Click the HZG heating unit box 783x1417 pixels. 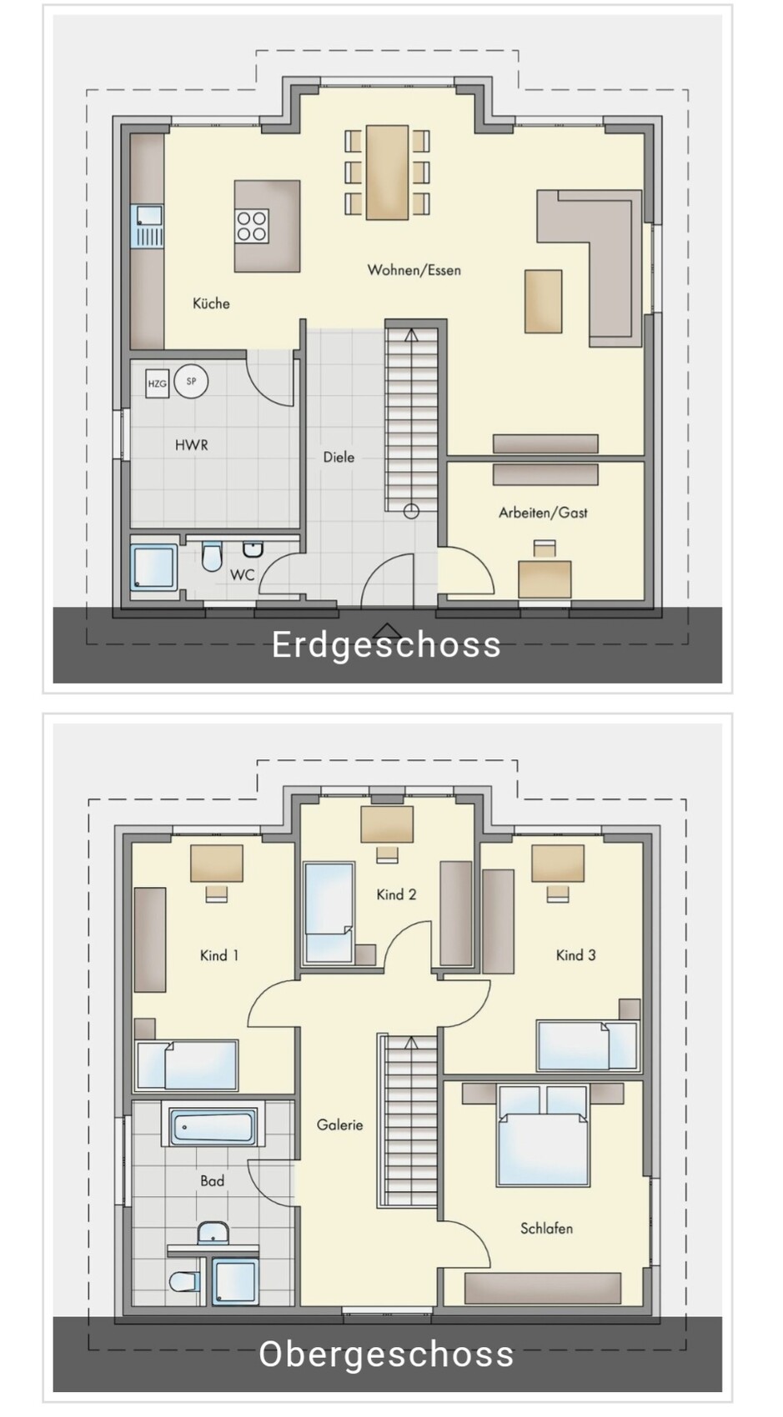click(157, 383)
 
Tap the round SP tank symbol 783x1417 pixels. click(191, 382)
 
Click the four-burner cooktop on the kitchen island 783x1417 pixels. click(252, 227)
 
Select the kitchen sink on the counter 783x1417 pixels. click(147, 226)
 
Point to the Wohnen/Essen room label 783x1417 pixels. click(414, 270)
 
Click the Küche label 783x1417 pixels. click(211, 303)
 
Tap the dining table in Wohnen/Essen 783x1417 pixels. click(388, 172)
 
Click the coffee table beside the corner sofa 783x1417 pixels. click(543, 301)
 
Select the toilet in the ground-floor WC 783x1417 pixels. click(212, 555)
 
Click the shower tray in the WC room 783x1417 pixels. click(153, 568)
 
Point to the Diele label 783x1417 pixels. click(339, 457)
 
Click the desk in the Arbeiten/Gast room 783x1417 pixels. click(545, 578)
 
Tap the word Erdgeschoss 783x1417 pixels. click(386, 644)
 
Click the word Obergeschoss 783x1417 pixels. click(386, 1354)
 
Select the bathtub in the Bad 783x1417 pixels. click(213, 1126)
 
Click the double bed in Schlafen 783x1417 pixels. click(543, 1135)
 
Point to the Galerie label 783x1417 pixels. click(340, 1124)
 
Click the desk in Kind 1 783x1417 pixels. click(217, 863)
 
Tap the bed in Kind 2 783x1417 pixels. click(329, 913)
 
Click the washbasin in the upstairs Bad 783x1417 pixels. click(213, 1233)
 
